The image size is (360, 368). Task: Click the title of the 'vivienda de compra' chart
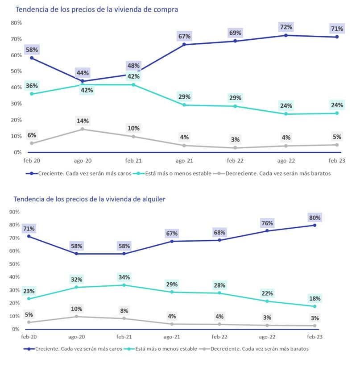pos(96,9)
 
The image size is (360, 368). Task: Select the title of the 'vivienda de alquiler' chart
pos(89,199)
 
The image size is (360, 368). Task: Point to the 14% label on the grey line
pos(83,121)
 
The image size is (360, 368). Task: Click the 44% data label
pos(83,73)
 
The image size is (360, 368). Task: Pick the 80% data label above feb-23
pos(314,217)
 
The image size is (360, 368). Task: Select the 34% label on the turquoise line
pos(124,277)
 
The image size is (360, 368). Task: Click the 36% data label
pos(32,86)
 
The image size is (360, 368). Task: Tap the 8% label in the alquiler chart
pos(124,311)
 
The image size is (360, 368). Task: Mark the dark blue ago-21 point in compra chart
pos(184,45)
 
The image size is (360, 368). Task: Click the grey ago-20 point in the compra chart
pos(83,129)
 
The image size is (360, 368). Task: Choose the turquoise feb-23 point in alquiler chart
pos(314,306)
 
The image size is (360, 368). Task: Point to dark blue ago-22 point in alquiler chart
pos(268,231)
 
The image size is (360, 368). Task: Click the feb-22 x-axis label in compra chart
pos(235,160)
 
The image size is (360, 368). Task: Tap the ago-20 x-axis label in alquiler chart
pos(76,336)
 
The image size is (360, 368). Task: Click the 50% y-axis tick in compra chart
pos(17,71)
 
